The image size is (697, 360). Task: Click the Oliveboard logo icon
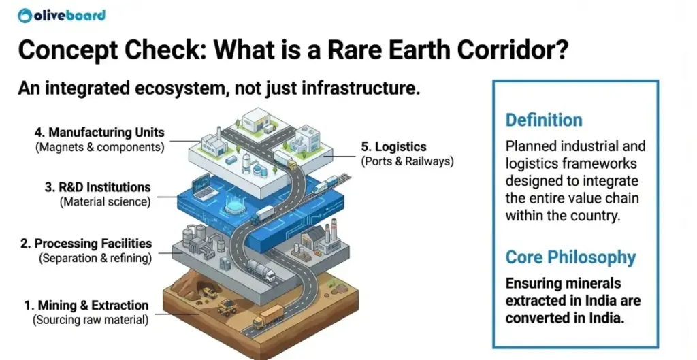point(26,15)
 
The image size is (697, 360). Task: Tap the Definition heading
point(543,120)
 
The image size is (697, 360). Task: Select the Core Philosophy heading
point(570,257)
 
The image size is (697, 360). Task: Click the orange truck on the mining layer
point(268,316)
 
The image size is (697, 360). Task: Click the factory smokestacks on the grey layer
point(327,235)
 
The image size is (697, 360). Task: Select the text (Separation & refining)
point(95,258)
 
